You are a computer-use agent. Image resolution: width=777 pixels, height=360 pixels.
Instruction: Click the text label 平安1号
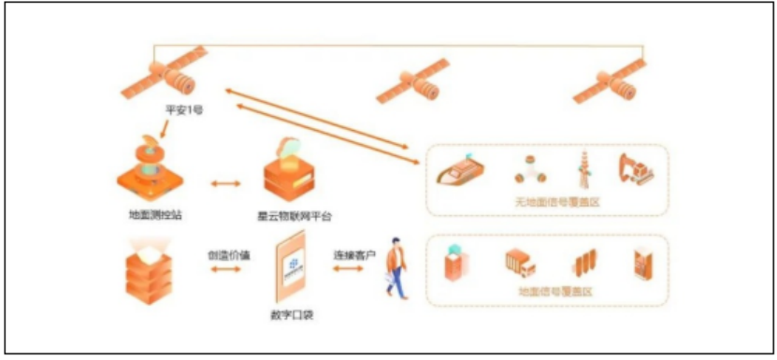(x=184, y=110)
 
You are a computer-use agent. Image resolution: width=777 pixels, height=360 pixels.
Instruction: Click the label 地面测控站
(x=155, y=214)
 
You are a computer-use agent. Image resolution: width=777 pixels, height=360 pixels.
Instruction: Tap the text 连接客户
(x=353, y=253)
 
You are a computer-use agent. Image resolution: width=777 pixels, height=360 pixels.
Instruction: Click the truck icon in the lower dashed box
(x=520, y=265)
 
